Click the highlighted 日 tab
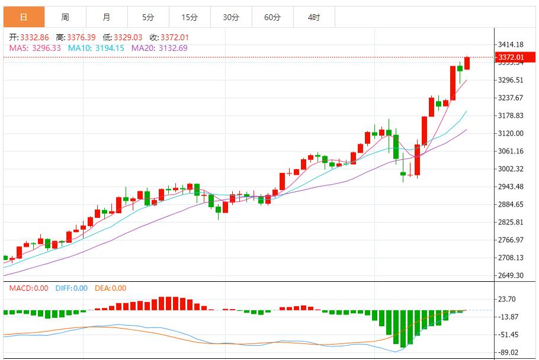24,17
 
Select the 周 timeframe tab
65,17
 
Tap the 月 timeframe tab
106,17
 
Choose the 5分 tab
147,17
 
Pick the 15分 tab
189,17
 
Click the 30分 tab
230,17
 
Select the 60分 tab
272,17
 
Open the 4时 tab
314,17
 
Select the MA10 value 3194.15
108,48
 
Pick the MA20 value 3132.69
172,48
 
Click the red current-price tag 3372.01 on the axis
511,57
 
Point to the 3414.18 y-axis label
511,44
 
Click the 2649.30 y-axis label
511,275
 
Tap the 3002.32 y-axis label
511,169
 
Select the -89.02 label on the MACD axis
509,352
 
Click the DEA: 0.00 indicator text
110,288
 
